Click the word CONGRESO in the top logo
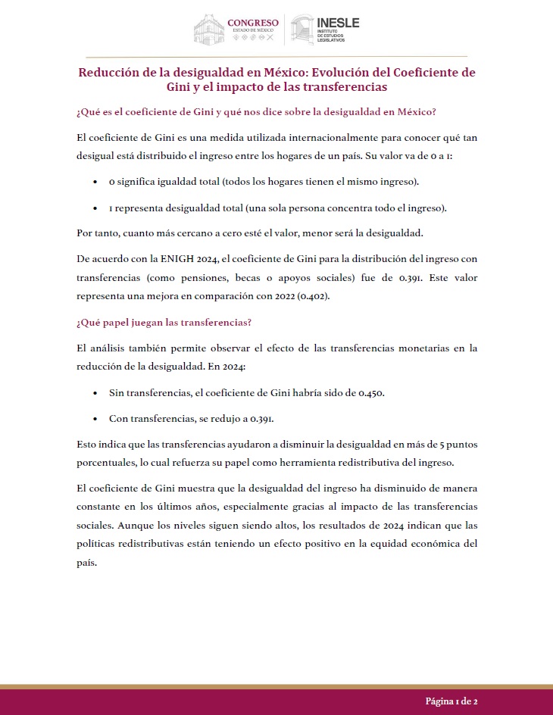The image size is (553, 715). [253, 22]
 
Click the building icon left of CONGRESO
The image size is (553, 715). [209, 30]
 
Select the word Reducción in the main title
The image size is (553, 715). [111, 73]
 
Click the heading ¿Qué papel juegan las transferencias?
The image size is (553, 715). [164, 322]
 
